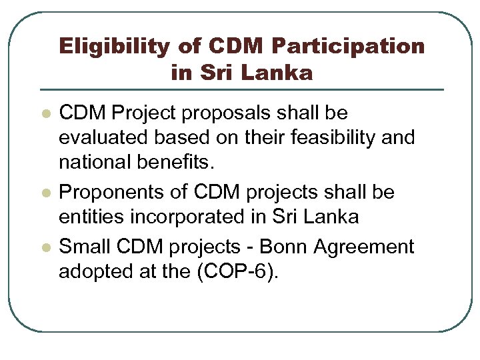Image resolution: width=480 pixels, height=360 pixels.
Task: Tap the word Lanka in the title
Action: (x=283, y=72)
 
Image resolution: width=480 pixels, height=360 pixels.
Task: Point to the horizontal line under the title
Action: (x=241, y=89)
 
